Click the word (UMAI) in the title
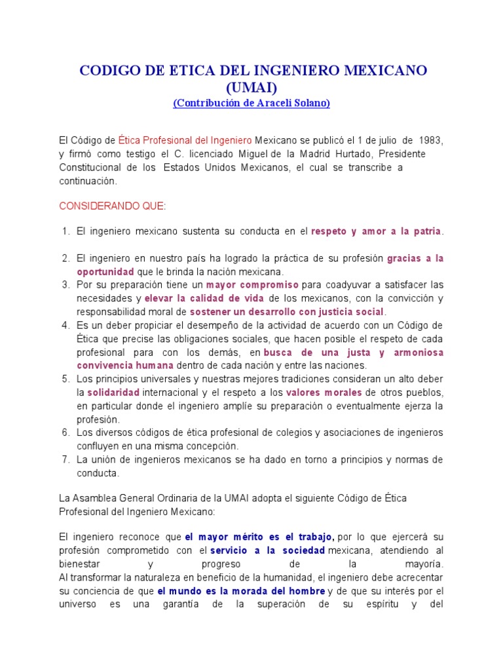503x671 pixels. click(x=251, y=87)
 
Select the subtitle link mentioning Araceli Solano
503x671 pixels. click(x=251, y=103)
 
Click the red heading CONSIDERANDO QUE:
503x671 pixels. click(x=113, y=206)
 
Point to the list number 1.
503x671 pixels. click(x=65, y=231)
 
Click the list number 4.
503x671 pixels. click(x=65, y=325)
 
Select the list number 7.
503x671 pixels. click(x=65, y=459)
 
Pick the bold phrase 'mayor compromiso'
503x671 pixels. click(x=253, y=285)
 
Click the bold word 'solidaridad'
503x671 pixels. click(x=113, y=393)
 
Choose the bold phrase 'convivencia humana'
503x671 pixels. click(x=126, y=366)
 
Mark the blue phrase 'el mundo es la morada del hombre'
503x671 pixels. click(x=241, y=591)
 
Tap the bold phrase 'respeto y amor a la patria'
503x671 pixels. click(x=376, y=231)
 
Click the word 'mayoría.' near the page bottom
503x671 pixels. click(x=424, y=564)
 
